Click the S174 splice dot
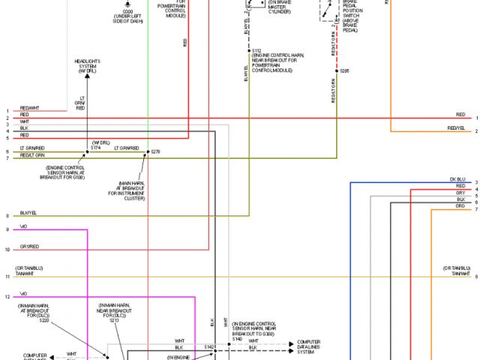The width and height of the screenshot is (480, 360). tap(86, 153)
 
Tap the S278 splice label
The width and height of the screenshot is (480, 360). tap(156, 152)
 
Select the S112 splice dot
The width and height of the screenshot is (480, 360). tap(250, 50)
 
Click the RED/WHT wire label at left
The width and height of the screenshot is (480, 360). tap(29, 109)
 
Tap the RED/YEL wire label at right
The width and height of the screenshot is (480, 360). tap(457, 128)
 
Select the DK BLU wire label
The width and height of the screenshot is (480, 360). tap(457, 179)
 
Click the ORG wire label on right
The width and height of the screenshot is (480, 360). tap(460, 205)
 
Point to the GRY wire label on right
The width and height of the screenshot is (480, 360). tap(460, 193)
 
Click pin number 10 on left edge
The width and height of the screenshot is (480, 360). tap(7, 249)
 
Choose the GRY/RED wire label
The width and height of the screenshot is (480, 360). tap(29, 246)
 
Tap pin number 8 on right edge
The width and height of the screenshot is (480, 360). tap(475, 276)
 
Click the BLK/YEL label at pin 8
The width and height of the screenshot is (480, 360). tap(28, 213)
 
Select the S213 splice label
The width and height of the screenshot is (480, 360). tap(114, 321)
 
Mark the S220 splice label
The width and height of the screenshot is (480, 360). tap(43, 321)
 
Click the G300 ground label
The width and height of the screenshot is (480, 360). tap(129, 11)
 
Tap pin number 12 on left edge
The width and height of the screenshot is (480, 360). tap(7, 297)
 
